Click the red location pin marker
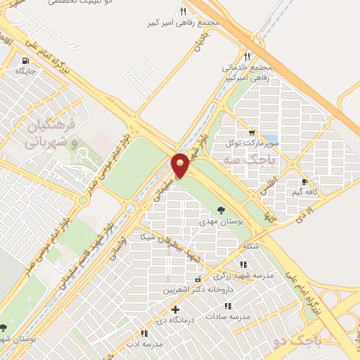[181, 165]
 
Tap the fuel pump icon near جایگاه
[27, 60]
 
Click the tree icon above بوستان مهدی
[221, 210]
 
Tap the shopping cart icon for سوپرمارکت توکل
[252, 132]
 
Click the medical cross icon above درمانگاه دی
[175, 309]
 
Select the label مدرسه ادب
[143, 345]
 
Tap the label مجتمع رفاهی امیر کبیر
[190, 22]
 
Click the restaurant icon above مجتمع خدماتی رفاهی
[247, 56]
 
